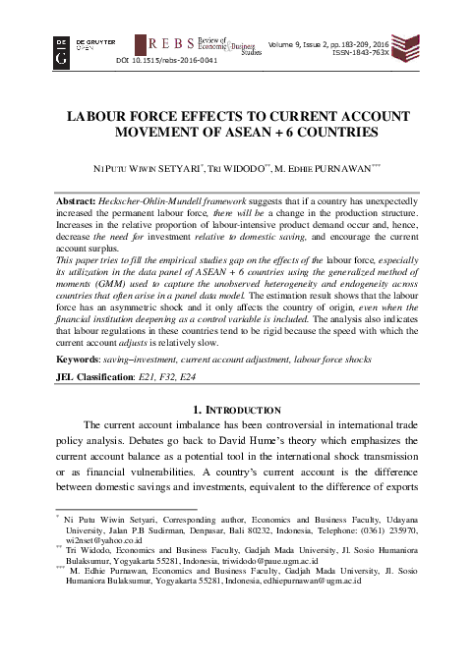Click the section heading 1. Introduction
pos(236,408)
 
